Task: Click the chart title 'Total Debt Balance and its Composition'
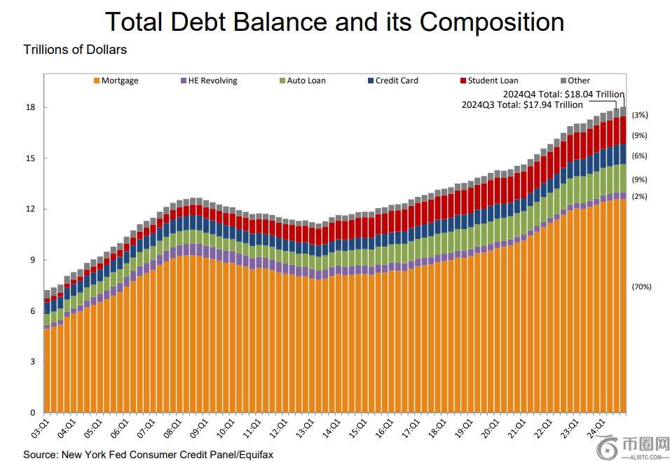[334, 22]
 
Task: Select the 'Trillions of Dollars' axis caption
[75, 50]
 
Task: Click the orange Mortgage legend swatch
[97, 81]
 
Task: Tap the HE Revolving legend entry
[208, 81]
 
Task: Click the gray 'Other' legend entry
[575, 81]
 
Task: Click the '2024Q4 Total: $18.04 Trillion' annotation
[563, 93]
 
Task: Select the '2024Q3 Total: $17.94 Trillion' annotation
[521, 104]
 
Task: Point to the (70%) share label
[641, 287]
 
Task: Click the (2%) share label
[639, 197]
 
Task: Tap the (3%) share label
[639, 115]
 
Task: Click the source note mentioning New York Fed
[148, 455]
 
